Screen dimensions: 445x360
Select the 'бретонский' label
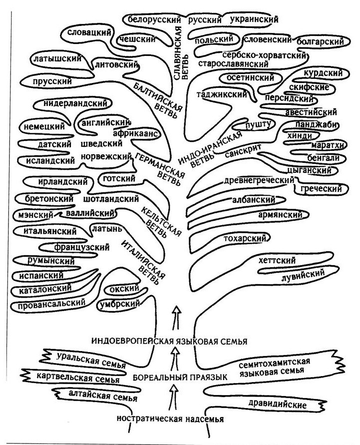50,198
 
